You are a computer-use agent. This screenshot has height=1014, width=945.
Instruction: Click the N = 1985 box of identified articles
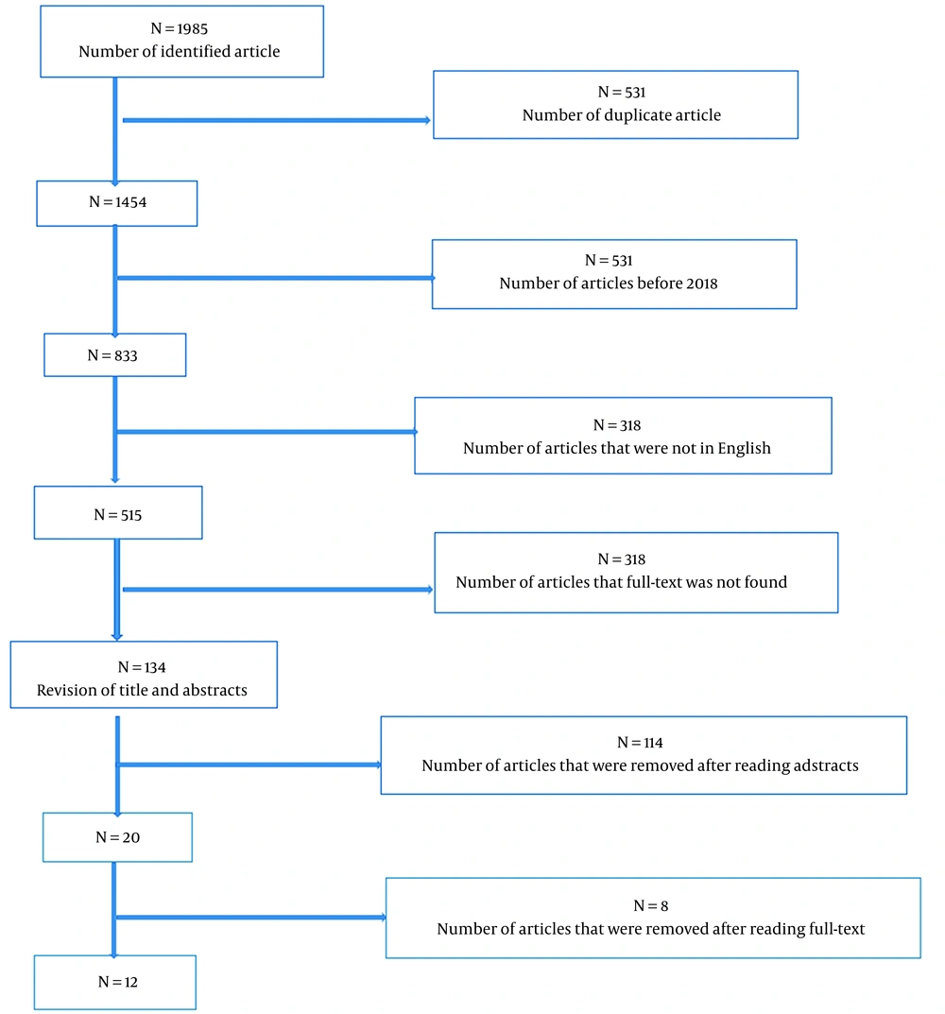(181, 42)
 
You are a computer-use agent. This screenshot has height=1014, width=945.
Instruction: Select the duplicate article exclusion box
(616, 105)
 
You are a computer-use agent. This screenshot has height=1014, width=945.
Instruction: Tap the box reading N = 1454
(117, 203)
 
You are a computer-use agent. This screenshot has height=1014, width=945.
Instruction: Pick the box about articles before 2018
(614, 274)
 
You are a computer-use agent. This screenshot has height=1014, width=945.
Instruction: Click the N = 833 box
(115, 355)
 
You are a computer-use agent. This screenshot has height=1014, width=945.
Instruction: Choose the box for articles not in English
(623, 436)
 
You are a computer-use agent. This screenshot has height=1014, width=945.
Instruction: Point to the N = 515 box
(118, 513)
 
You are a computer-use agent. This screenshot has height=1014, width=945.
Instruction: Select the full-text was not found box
(637, 573)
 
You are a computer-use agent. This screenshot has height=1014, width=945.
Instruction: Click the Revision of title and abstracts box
(144, 675)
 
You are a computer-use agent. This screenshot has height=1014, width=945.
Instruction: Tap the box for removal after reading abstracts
(644, 755)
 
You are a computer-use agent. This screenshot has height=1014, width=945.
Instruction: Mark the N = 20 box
(118, 837)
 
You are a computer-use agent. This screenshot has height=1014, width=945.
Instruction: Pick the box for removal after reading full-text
(653, 918)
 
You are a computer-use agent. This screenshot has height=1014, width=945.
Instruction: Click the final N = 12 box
(115, 982)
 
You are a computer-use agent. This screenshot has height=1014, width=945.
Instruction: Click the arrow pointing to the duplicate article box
(277, 120)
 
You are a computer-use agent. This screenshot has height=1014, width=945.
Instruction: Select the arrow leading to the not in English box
(266, 432)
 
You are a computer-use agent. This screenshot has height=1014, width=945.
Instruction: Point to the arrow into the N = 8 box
(251, 917)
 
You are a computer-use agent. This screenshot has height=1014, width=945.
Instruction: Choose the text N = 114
(641, 743)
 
